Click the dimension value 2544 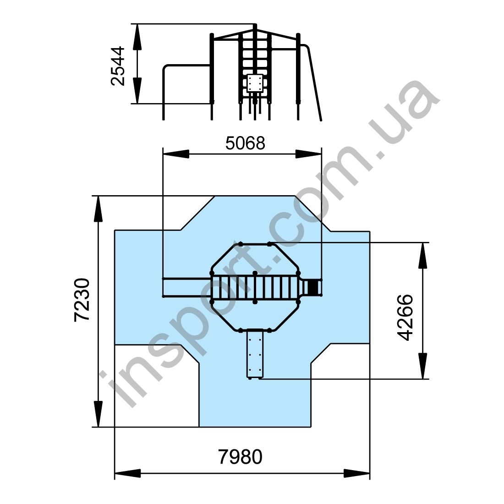(117, 66)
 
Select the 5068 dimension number (245, 143)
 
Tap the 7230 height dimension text (82, 300)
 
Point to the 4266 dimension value (405, 317)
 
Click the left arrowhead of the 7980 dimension (128, 473)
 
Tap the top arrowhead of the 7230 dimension (99, 209)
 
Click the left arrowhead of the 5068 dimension (176, 154)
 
